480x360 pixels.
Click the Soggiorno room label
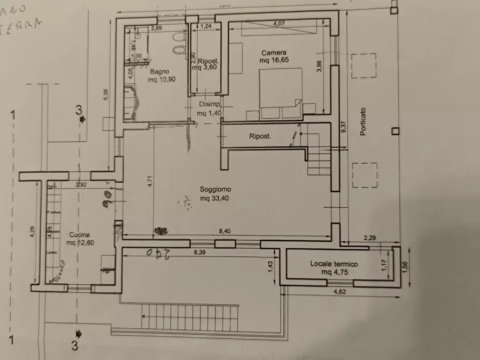pyautogui.click(x=215, y=189)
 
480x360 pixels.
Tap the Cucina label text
pyautogui.click(x=78, y=235)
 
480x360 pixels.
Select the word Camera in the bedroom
pyautogui.click(x=273, y=53)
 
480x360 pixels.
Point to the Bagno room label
pyautogui.click(x=160, y=71)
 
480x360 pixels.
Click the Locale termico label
pyautogui.click(x=334, y=264)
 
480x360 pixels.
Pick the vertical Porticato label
pyautogui.click(x=363, y=121)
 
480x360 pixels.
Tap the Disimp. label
pyautogui.click(x=209, y=104)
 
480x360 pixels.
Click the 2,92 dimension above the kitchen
pyautogui.click(x=81, y=184)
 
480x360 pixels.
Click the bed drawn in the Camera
pyautogui.click(x=280, y=94)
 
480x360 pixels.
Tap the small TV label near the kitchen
pyautogui.click(x=107, y=184)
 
